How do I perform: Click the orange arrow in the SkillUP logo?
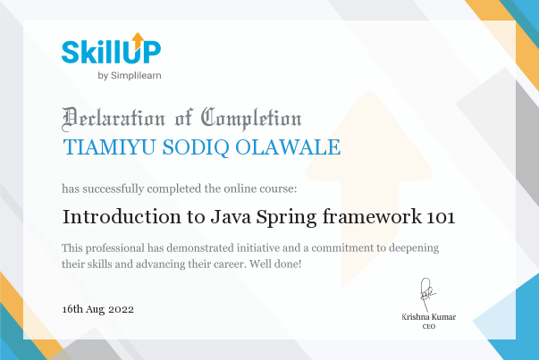pyautogui.click(x=138, y=41)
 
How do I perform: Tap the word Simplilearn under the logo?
pyautogui.click(x=136, y=76)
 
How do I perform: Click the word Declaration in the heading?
pyautogui.click(x=114, y=119)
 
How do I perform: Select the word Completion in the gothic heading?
pyautogui.click(x=251, y=119)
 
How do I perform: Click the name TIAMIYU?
pyautogui.click(x=109, y=147)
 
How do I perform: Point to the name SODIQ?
pyautogui.click(x=196, y=147)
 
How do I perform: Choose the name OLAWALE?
pyautogui.click(x=288, y=147)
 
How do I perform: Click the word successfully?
pyautogui.click(x=114, y=188)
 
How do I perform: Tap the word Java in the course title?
pyautogui.click(x=231, y=217)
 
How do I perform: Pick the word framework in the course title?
pyautogui.click(x=372, y=216)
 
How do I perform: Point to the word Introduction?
pyautogui.click(x=122, y=217)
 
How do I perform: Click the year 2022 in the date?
pyautogui.click(x=121, y=309)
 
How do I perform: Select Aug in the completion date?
pyautogui.click(x=96, y=310)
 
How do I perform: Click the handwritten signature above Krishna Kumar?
pyautogui.click(x=427, y=295)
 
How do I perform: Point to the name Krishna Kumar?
pyautogui.click(x=429, y=317)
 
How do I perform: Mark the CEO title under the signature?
pyautogui.click(x=429, y=326)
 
